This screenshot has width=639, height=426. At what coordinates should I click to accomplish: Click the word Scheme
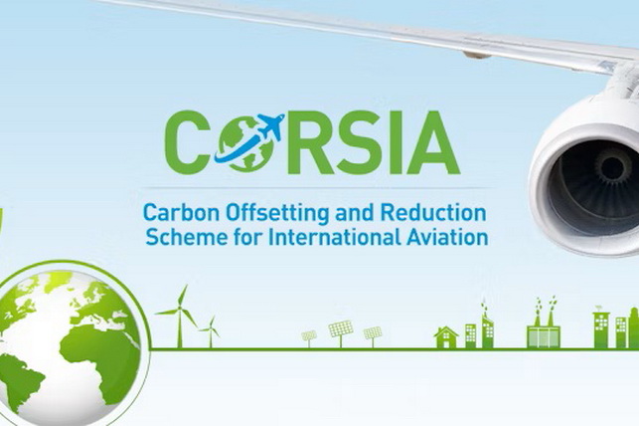click(177, 238)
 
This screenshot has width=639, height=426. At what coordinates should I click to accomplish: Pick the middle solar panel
click(340, 329)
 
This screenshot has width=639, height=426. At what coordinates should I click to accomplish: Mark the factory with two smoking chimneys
click(544, 326)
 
